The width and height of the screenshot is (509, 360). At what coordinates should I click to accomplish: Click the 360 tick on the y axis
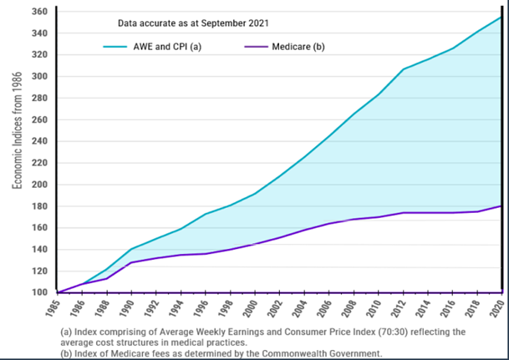pyautogui.click(x=37, y=12)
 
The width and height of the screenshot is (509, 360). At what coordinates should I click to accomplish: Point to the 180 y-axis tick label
pyautogui.click(x=37, y=206)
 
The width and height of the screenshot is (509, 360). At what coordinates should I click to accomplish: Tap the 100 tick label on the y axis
pyautogui.click(x=37, y=292)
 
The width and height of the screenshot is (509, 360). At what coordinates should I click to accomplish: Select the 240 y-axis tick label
pyautogui.click(x=37, y=141)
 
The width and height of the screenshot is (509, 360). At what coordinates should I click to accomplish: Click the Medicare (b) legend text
pyautogui.click(x=298, y=47)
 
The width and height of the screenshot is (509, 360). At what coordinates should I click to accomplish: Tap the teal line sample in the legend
pyautogui.click(x=126, y=47)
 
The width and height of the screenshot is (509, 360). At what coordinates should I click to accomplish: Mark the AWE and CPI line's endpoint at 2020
pyautogui.click(x=501, y=17)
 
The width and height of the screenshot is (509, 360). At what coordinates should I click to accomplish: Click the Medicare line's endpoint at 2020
pyautogui.click(x=501, y=205)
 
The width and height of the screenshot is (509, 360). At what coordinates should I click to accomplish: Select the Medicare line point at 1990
pyautogui.click(x=130, y=262)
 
